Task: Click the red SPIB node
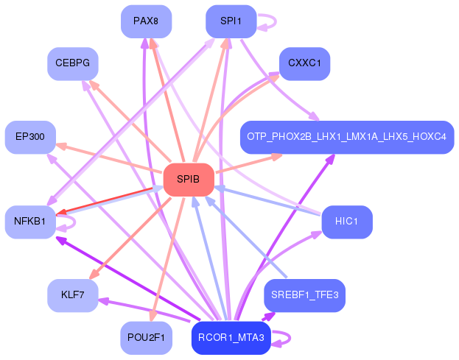click(x=188, y=180)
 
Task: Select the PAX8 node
click(x=146, y=21)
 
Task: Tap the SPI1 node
click(x=231, y=21)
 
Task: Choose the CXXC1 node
click(x=304, y=63)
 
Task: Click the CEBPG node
click(x=72, y=63)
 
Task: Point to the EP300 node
click(x=30, y=137)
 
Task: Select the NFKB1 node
click(x=30, y=222)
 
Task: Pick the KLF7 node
click(x=72, y=295)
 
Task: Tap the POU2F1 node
click(x=146, y=338)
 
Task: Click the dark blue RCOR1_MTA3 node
click(x=231, y=338)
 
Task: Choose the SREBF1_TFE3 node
click(x=304, y=295)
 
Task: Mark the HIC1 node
click(x=346, y=222)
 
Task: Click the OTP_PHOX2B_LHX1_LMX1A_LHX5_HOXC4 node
click(x=346, y=137)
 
